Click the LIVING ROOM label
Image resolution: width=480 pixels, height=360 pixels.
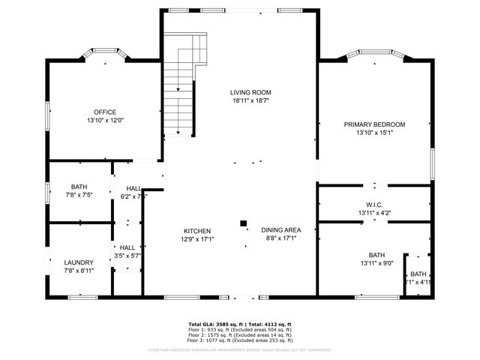[250, 92]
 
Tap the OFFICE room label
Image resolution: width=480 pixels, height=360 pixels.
[105, 112]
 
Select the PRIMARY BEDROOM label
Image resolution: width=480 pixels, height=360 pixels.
[374, 124]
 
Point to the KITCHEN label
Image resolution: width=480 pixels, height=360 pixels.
[198, 231]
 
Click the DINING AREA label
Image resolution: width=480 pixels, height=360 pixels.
[280, 230]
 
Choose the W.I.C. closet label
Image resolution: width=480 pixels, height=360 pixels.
[374, 205]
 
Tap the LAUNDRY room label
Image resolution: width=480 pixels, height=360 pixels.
[79, 262]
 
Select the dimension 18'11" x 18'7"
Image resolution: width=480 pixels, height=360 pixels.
[250, 100]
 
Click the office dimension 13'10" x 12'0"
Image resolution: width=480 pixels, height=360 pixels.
[105, 120]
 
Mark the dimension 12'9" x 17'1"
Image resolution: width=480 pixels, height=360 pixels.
[198, 239]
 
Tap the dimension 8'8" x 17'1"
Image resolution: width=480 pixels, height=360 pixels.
[280, 238]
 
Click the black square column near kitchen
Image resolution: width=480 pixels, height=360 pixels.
[243, 223]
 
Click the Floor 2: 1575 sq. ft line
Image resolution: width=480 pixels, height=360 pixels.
[240, 334]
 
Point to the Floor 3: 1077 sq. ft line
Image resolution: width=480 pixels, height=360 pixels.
[240, 340]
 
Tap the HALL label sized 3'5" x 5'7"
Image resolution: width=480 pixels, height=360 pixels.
[127, 247]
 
